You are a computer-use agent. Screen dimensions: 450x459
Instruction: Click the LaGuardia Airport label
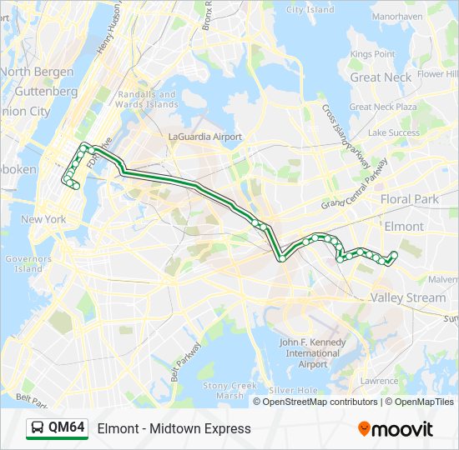point(204,137)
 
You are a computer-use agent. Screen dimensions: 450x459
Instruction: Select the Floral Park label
point(409,200)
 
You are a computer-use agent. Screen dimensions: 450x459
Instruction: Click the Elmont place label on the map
point(403,226)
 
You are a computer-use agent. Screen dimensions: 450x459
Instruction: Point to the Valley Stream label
point(408,297)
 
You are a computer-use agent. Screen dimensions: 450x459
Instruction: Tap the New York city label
point(43,219)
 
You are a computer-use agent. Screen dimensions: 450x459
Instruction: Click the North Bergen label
point(38,72)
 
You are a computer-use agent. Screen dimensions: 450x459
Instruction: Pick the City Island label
point(310,10)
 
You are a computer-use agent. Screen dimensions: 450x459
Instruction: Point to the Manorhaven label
point(397,16)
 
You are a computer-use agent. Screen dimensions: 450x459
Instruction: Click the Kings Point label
point(372,54)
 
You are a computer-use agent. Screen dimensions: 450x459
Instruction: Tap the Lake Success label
point(394,132)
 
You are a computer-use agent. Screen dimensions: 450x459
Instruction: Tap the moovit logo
point(396,429)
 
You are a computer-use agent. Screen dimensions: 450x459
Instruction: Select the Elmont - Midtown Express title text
point(174,428)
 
